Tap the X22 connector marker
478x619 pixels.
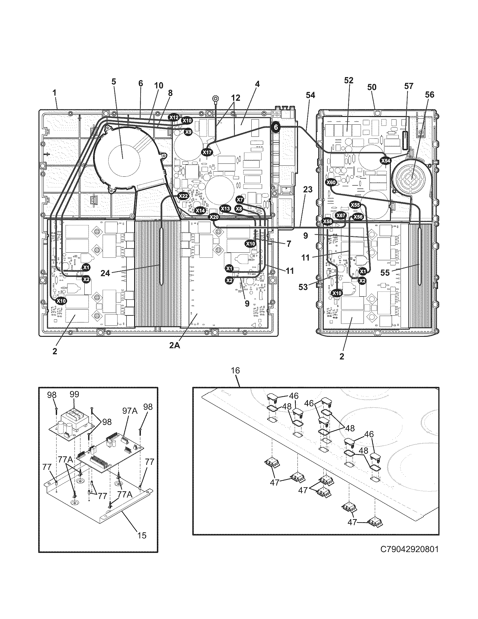coord(183,196)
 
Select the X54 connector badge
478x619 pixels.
coord(385,161)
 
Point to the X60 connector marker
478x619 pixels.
coord(331,183)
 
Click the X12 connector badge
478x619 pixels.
coord(174,117)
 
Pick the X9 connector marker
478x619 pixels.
coord(188,131)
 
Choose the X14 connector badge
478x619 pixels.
coord(200,210)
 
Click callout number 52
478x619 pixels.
coord(349,80)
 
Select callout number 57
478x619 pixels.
coord(409,86)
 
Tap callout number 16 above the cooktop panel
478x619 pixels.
coord(235,371)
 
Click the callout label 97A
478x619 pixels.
coord(130,411)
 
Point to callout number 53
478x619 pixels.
coord(303,287)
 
